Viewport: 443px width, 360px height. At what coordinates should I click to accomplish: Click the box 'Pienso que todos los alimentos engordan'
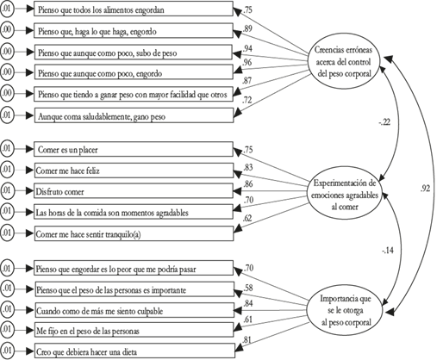click(134, 9)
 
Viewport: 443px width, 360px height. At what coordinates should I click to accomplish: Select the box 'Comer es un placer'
click(134, 149)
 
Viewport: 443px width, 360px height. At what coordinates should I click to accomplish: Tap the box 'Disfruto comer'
click(134, 191)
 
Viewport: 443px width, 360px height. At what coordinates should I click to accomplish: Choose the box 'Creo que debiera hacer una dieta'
click(135, 351)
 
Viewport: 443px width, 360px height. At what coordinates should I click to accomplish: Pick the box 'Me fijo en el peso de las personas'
click(134, 330)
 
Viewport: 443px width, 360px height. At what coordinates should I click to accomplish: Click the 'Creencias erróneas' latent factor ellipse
click(344, 62)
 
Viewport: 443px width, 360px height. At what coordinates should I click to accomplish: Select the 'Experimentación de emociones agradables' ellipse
click(344, 195)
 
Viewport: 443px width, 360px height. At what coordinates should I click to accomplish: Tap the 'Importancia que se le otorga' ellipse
click(345, 311)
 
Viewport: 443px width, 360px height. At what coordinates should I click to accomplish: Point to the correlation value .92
click(425, 189)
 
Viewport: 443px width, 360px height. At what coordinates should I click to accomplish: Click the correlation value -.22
click(384, 122)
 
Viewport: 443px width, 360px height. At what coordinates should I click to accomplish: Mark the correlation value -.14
click(388, 251)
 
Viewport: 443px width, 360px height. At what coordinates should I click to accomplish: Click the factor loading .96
click(247, 62)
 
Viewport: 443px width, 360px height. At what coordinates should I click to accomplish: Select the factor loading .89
click(247, 28)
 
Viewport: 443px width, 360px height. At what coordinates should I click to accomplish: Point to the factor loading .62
click(247, 219)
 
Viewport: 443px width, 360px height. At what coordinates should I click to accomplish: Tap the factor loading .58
click(248, 288)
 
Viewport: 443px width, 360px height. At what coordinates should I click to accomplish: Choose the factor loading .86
click(247, 184)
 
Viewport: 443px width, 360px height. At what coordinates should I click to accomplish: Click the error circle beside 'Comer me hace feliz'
click(7, 170)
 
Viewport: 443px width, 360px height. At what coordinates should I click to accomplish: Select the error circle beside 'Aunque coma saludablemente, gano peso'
click(7, 115)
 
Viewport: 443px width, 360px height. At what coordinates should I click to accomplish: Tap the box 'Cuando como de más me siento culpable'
click(134, 310)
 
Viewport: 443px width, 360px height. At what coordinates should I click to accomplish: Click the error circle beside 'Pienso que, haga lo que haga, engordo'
click(7, 30)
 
